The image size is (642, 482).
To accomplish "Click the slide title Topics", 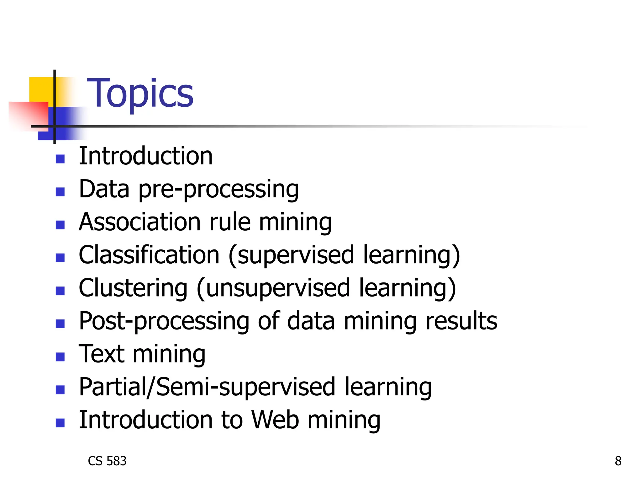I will [x=140, y=93].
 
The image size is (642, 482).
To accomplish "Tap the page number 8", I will [x=618, y=461].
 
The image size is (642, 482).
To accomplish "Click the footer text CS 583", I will [x=107, y=461].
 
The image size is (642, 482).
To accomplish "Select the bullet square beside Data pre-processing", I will [x=60, y=192].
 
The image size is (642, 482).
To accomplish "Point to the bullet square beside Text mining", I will [x=60, y=357].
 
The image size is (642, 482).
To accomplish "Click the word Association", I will [x=140, y=222].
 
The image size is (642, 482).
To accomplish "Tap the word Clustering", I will [x=133, y=288].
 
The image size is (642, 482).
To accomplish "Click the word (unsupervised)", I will [x=273, y=288].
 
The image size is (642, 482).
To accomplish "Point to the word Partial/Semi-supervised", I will [x=207, y=387].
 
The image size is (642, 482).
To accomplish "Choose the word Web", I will [x=275, y=420].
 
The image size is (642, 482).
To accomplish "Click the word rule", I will [x=230, y=222].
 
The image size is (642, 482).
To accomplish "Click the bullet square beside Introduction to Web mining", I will [x=60, y=423].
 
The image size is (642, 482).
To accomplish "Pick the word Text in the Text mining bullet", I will [x=102, y=354].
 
